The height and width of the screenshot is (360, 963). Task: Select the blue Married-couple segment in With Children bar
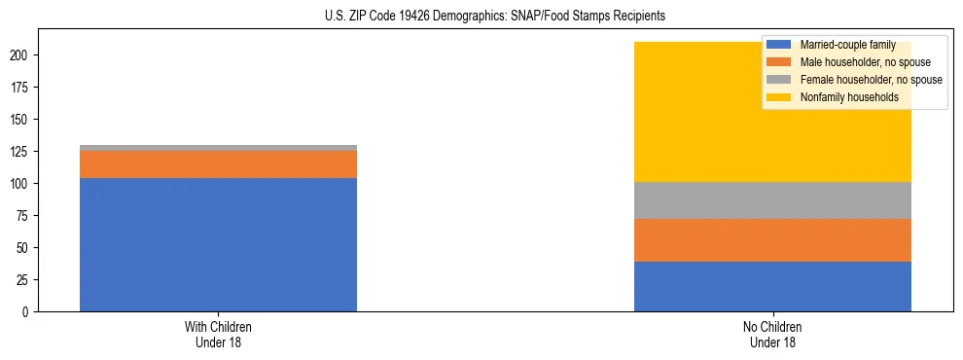tap(218, 244)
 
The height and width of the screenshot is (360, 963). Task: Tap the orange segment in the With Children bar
tap(218, 164)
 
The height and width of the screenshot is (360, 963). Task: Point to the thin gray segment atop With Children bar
tap(218, 148)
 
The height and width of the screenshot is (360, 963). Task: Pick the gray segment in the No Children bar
tap(772, 200)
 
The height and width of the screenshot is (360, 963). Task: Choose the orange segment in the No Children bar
tap(772, 240)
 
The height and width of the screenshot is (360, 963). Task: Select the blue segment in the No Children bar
tap(772, 286)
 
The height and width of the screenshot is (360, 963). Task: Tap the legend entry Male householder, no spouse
tap(857, 62)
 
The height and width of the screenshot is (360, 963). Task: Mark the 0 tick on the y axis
tap(30, 312)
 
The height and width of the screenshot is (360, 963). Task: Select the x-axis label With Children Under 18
tap(218, 335)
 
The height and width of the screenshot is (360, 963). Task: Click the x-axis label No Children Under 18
tap(772, 335)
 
